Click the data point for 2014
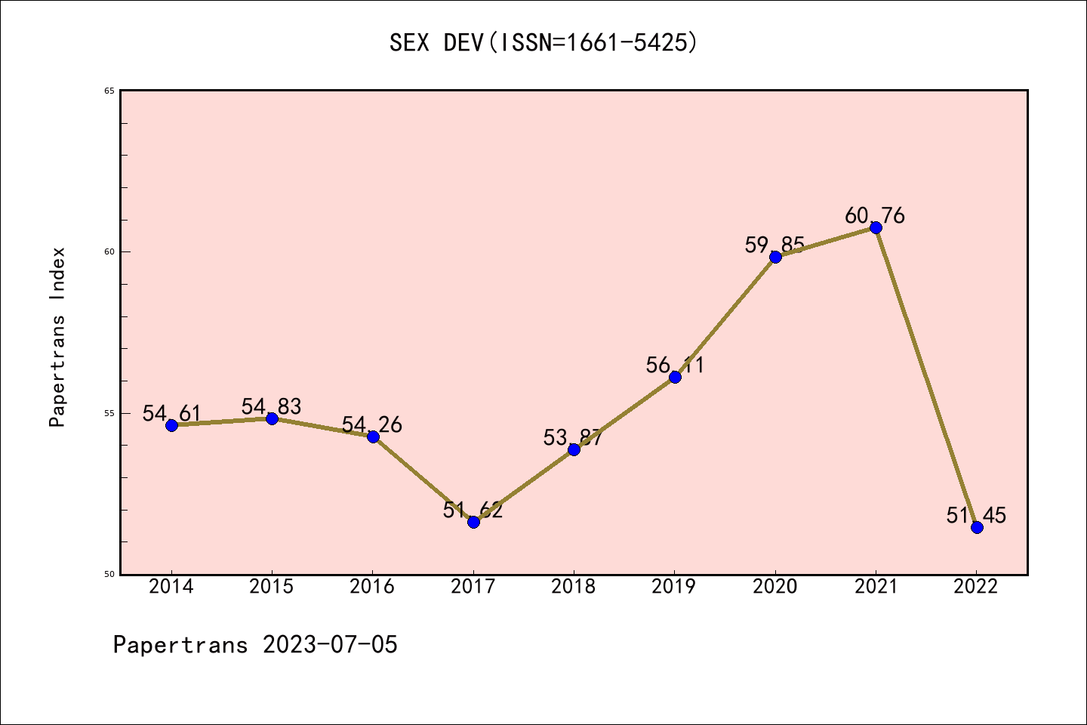click(171, 425)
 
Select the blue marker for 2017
click(473, 522)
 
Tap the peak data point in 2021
click(876, 228)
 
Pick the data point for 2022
click(977, 527)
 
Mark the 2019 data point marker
click(675, 377)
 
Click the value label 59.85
click(774, 245)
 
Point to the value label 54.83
click(271, 406)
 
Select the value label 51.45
click(976, 515)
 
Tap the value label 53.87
click(573, 437)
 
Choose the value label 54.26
click(372, 424)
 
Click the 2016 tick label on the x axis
click(372, 587)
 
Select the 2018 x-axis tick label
click(574, 587)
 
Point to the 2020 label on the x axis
click(775, 587)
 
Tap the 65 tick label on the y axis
click(109, 91)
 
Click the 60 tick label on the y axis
click(109, 252)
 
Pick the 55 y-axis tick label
click(109, 413)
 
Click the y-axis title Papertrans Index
click(58, 337)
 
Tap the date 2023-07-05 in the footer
click(330, 645)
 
